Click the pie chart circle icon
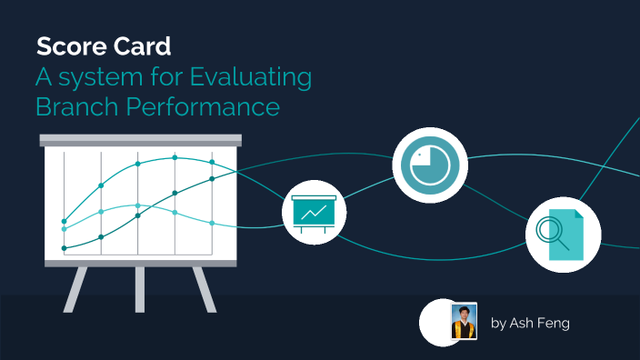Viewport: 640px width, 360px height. click(429, 165)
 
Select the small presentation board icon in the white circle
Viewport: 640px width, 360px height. click(315, 213)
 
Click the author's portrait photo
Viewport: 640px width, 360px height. click(464, 322)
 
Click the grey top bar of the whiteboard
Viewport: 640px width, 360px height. click(140, 140)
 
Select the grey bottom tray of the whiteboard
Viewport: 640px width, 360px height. click(140, 263)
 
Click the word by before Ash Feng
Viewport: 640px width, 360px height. click(498, 323)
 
